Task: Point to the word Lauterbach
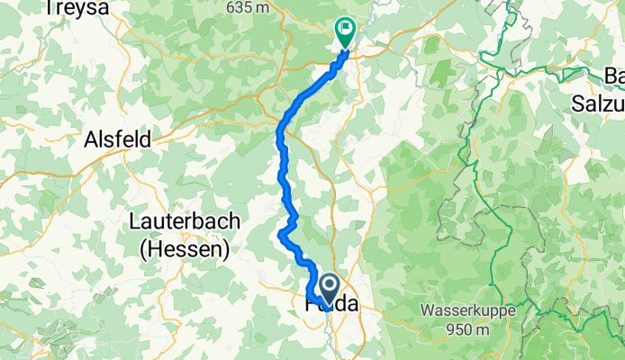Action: pos(185,221)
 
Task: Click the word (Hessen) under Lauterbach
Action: pos(185,247)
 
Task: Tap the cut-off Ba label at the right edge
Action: pos(614,76)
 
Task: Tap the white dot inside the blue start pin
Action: pos(328,287)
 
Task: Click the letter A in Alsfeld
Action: pos(90,139)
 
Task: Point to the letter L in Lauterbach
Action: pos(136,221)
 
